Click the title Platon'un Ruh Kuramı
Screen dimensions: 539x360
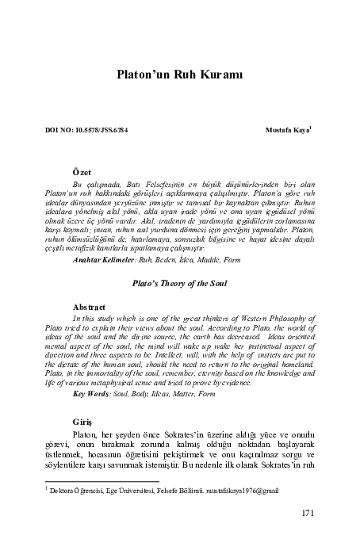click(178, 75)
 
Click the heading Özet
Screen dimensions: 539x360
click(82, 171)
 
